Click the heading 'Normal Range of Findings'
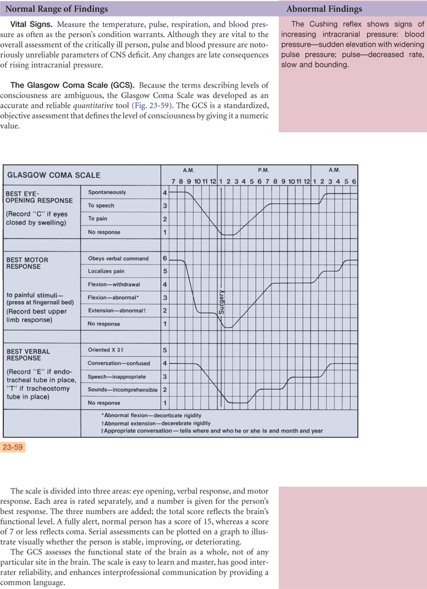tap(56, 9)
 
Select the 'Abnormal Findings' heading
tap(324, 9)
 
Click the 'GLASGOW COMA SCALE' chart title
tap(53, 174)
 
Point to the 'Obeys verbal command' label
tap(118, 259)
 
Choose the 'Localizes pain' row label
tap(107, 272)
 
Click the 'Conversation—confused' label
tap(119, 363)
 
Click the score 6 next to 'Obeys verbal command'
tap(165, 259)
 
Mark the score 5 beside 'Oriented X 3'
tap(165, 350)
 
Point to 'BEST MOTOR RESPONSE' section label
tap(27, 263)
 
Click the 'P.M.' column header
tap(263, 170)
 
